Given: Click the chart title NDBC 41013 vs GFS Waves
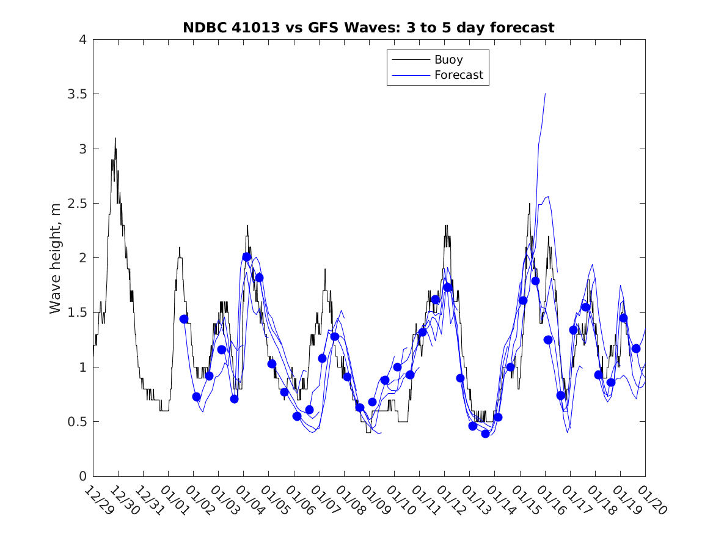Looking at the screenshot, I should [368, 28].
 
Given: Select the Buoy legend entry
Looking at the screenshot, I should [448, 60].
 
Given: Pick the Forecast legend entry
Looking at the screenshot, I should [458, 75].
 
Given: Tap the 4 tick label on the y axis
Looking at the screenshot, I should [82, 40].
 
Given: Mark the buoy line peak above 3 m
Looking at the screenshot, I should [115, 138].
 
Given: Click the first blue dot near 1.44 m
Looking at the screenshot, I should [184, 319].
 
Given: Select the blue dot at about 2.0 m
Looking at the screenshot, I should [247, 257].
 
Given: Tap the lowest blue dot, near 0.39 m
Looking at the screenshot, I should [485, 434].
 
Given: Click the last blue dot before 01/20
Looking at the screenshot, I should [636, 349].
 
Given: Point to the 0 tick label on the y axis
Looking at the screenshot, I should [82, 476].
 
